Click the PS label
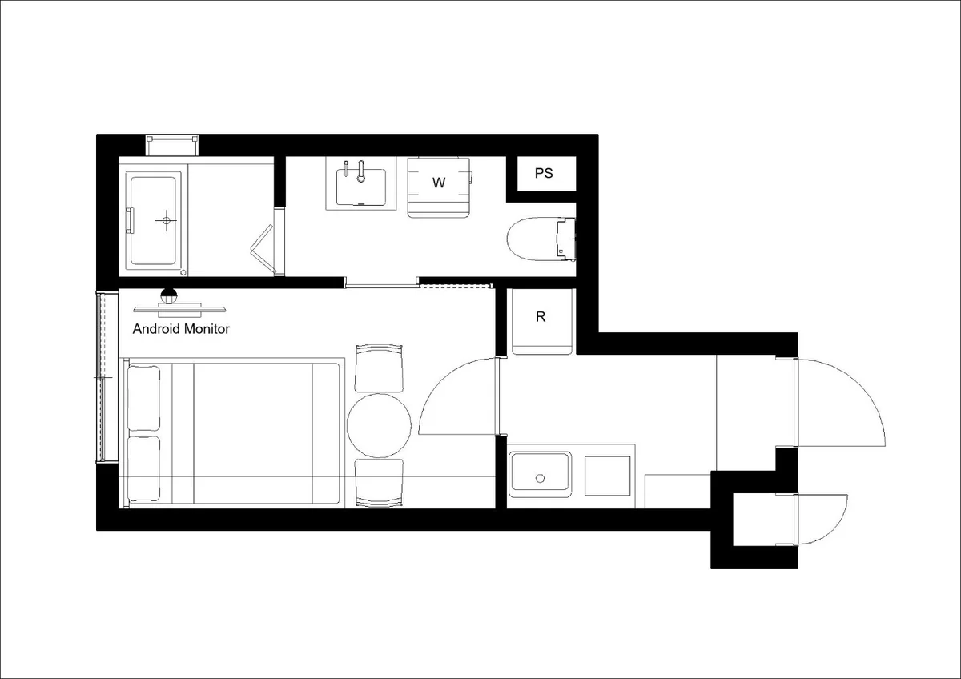pyautogui.click(x=544, y=173)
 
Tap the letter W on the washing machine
pyautogui.click(x=439, y=183)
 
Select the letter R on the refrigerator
pyautogui.click(x=541, y=317)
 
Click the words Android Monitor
pyautogui.click(x=181, y=329)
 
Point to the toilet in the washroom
pyautogui.click(x=541, y=239)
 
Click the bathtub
pyautogui.click(x=153, y=220)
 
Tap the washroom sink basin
pyautogui.click(x=361, y=187)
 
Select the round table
pyautogui.click(x=379, y=425)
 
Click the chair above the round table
pyautogui.click(x=380, y=368)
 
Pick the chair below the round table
pyautogui.click(x=380, y=484)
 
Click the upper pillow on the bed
pyautogui.click(x=143, y=399)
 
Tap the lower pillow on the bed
pyautogui.click(x=143, y=469)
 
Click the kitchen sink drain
pyautogui.click(x=540, y=478)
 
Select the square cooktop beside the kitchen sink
pyautogui.click(x=607, y=476)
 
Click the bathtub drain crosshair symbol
pyautogui.click(x=167, y=220)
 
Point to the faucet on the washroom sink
pyautogui.click(x=361, y=171)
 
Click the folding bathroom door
pyautogui.click(x=263, y=249)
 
